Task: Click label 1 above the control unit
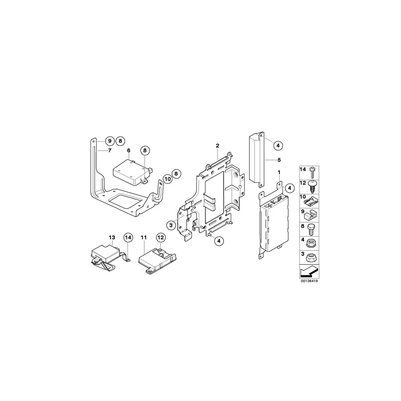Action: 279,172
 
